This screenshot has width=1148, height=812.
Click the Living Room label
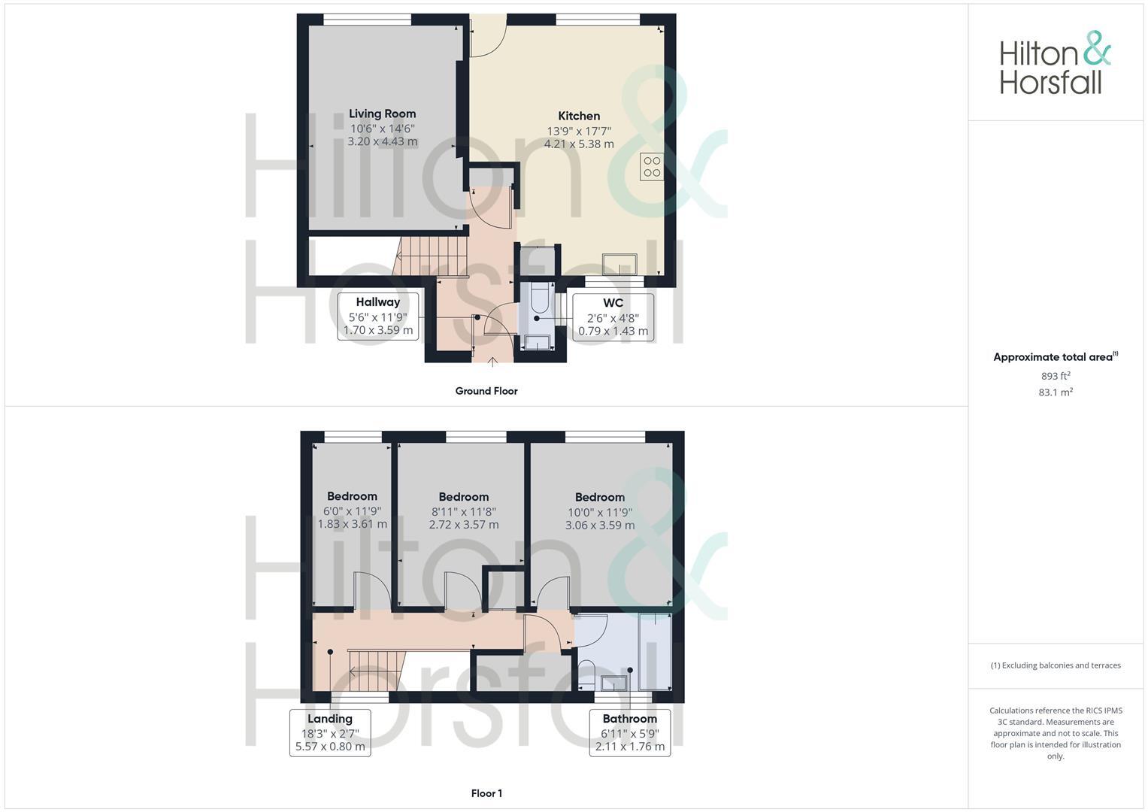(382, 114)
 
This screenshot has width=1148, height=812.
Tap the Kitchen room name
(579, 116)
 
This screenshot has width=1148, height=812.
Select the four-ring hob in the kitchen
(651, 167)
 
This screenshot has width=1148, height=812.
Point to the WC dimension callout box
(613, 317)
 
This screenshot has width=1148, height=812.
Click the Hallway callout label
(378, 302)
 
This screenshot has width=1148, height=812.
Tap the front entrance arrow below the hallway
(492, 362)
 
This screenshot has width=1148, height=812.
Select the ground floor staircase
(432, 256)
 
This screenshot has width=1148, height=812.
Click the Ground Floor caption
(486, 391)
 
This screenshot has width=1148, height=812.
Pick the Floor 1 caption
(486, 793)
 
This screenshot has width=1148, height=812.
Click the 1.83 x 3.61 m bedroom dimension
(352, 524)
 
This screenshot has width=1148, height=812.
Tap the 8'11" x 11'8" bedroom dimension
(464, 511)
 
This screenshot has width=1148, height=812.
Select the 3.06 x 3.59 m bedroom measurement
(600, 525)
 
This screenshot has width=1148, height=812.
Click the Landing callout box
(330, 733)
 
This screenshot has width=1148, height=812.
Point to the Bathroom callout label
(629, 719)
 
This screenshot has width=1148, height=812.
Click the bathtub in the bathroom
(654, 651)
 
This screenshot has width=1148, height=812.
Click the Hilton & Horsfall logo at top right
(1054, 63)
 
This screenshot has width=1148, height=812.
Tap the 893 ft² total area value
(1056, 376)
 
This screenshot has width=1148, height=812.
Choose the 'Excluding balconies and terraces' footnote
(1056, 665)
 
